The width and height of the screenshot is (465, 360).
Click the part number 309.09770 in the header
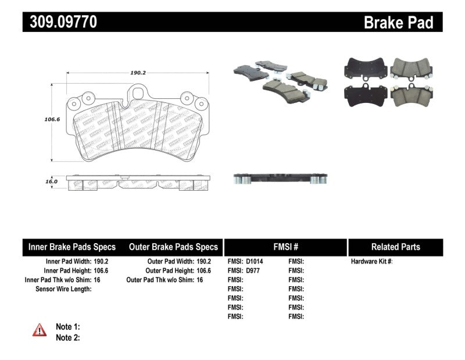60,22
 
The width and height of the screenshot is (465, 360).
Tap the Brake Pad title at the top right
398,23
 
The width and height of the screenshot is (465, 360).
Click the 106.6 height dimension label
37,119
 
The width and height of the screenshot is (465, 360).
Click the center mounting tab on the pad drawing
138,92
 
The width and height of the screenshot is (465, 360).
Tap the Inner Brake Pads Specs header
72,247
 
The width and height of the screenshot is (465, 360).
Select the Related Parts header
395,247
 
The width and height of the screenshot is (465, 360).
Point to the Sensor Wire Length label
63,288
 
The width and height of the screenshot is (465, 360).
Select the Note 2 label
67,337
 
